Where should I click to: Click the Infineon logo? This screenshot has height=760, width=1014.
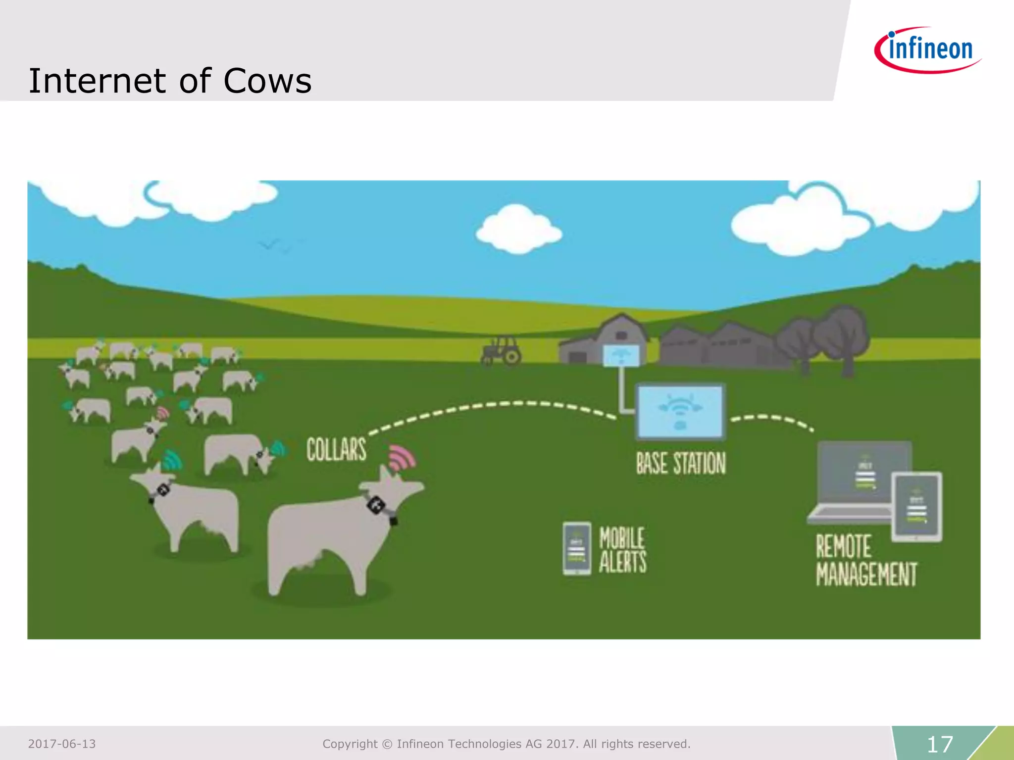928,50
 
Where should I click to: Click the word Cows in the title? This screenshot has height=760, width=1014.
267,81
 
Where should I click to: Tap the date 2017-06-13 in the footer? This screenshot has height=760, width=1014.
62,744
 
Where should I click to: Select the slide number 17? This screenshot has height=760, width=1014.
939,744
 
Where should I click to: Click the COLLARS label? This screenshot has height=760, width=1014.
336,449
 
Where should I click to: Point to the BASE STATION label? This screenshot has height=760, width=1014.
681,463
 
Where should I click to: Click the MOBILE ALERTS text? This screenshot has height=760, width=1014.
622,550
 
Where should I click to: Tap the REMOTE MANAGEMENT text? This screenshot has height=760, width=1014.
866,561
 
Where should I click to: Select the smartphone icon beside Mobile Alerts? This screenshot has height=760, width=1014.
577,548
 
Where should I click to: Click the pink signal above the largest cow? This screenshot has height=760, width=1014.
402,458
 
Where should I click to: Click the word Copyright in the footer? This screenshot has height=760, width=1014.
350,744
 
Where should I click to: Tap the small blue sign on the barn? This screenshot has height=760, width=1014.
621,355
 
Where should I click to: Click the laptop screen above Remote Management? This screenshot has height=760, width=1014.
864,473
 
